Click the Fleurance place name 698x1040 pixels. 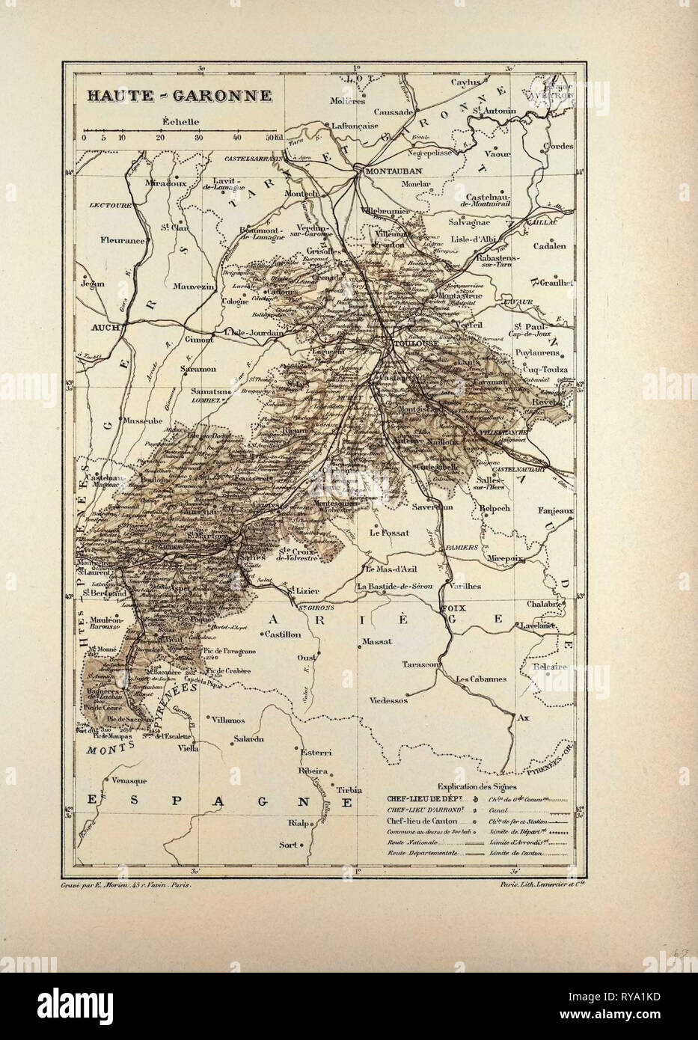tap(123, 242)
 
